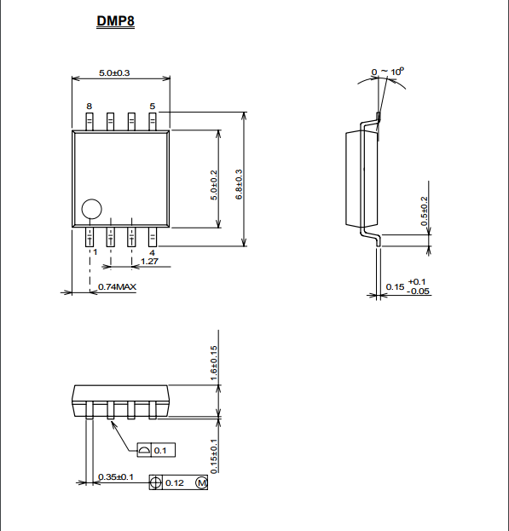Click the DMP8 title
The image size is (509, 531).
pyautogui.click(x=115, y=21)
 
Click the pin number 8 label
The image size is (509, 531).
pyautogui.click(x=89, y=107)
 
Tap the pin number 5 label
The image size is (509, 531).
pyautogui.click(x=153, y=107)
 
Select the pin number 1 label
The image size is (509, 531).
pyautogui.click(x=95, y=252)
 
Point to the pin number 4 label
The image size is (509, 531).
pyautogui.click(x=152, y=252)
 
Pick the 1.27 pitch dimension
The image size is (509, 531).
pyautogui.click(x=149, y=261)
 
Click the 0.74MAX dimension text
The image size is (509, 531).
pyautogui.click(x=117, y=287)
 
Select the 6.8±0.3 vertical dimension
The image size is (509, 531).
pyautogui.click(x=239, y=185)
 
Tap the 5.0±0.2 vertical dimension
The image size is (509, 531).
pyautogui.click(x=214, y=185)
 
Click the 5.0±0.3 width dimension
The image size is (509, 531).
pyautogui.click(x=114, y=72)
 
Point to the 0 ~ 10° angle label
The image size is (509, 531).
pyautogui.click(x=387, y=72)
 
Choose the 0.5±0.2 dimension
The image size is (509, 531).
pyautogui.click(x=424, y=211)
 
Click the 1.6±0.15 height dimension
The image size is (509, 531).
pyautogui.click(x=214, y=363)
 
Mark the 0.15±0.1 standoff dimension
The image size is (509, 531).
pyautogui.click(x=214, y=456)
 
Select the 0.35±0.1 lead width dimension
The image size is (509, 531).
pyautogui.click(x=115, y=476)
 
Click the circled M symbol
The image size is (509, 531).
pyautogui.click(x=201, y=482)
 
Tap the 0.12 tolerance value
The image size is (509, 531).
pyautogui.click(x=175, y=483)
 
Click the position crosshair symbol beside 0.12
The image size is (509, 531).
pyautogui.click(x=155, y=482)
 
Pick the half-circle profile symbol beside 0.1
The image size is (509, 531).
pyautogui.click(x=143, y=450)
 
